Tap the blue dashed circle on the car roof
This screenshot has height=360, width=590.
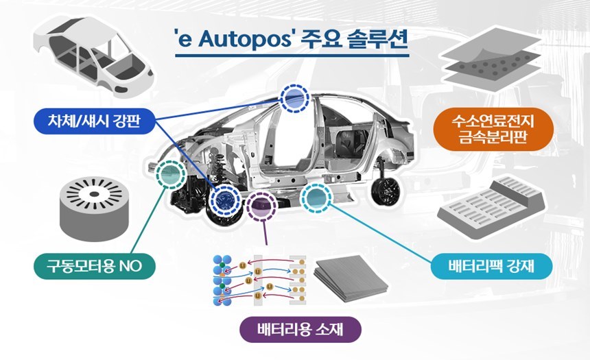294,99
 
